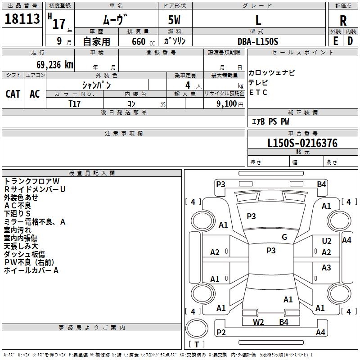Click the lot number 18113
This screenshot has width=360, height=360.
coord(22,19)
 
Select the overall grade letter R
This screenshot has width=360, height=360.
coord(343,21)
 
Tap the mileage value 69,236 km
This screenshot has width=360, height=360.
coord(54,65)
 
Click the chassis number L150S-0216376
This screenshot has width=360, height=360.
coord(302,143)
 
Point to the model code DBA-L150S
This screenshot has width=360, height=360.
coord(258,41)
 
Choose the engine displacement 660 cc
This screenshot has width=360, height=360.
coord(143,41)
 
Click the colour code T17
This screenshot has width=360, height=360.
coord(74,104)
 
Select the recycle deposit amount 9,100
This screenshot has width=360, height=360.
coord(226,104)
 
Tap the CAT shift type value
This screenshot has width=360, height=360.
coord(13,94)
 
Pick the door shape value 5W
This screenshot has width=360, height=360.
coord(174,20)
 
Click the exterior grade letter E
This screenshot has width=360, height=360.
coord(335,41)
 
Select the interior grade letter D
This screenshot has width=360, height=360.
coord(350,41)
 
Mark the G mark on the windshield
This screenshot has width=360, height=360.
coord(284,237)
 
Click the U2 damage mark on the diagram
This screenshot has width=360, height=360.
coord(327,241)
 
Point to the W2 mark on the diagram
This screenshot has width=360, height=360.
coord(258,322)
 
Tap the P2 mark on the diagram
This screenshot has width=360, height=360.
coord(221,332)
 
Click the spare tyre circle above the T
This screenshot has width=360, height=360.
coord(197,328)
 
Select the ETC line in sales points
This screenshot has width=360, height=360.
coord(258,92)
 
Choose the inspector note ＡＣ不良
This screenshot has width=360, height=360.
coord(18,206)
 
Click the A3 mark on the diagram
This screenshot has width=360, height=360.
coord(326,267)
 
